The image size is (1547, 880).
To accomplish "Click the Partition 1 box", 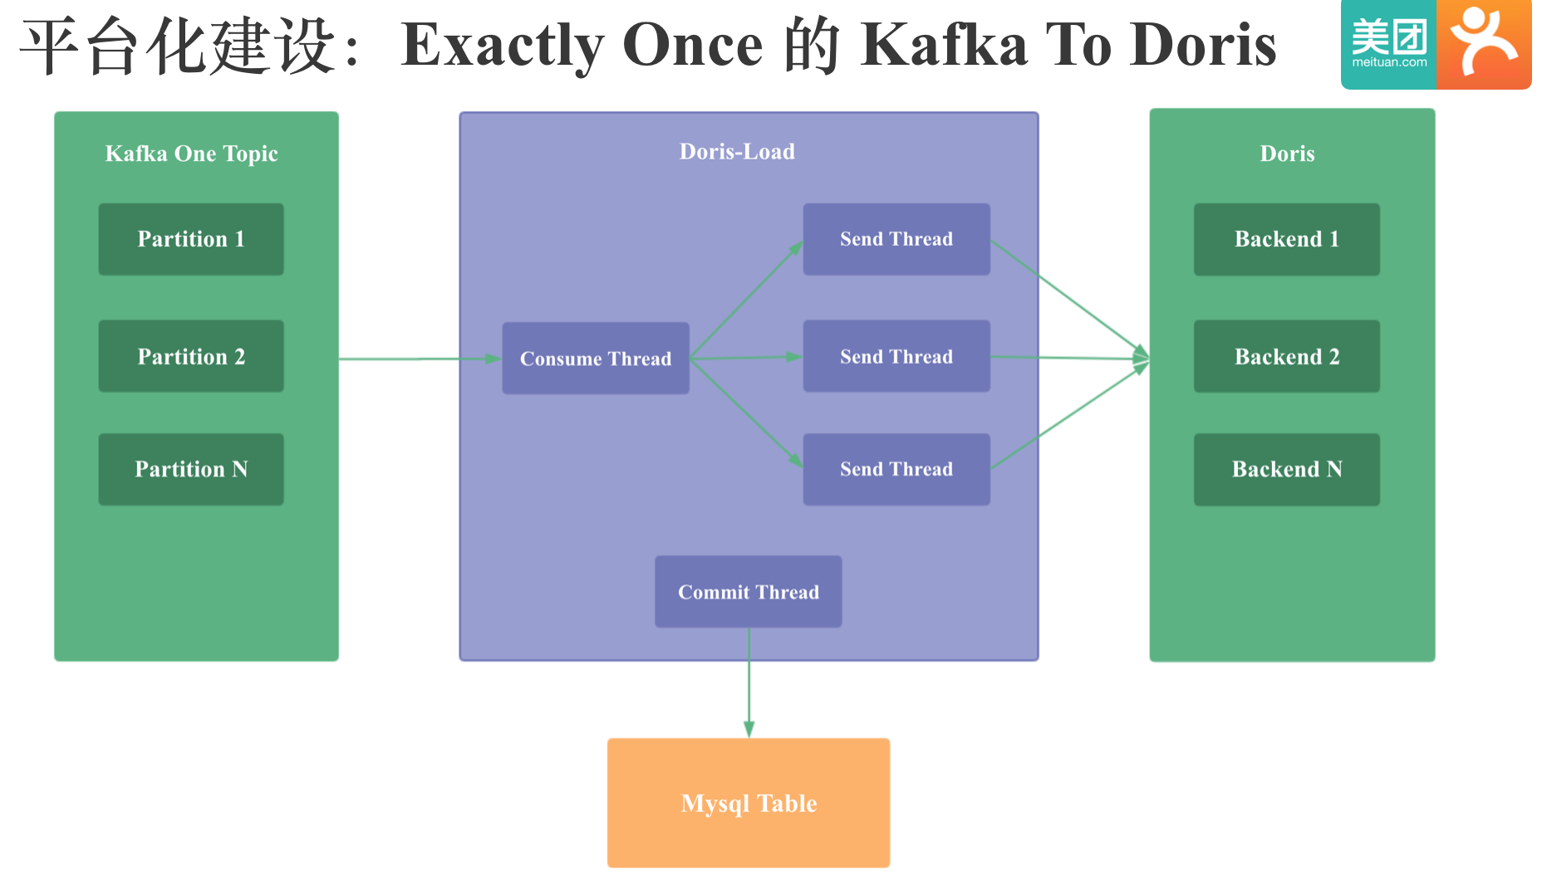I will coord(191,239).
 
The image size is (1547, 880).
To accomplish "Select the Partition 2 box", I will coord(191,356).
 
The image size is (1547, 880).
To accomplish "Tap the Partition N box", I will coord(191,469).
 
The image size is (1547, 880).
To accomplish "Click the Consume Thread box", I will coord(596,358).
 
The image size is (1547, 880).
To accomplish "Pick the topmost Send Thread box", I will coord(896,239).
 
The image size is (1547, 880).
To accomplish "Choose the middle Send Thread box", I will coord(896,356).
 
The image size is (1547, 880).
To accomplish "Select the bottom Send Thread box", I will coord(896,469).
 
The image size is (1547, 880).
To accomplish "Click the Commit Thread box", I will coord(749,591).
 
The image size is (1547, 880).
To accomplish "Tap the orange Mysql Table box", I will coord(749,803).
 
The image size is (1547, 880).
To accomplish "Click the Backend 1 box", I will coord(1287,239).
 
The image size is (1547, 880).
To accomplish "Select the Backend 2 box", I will coord(1287,356).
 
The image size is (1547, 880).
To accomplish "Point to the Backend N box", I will coord(1287,469).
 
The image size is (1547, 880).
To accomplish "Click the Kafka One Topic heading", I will coord(191,154).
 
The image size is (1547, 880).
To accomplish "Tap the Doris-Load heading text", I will coord(737,151).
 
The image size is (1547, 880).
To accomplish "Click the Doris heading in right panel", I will coord(1287,154).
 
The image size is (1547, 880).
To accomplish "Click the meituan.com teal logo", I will coord(1389,44).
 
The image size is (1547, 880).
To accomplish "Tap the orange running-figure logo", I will coord(1485,44).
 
